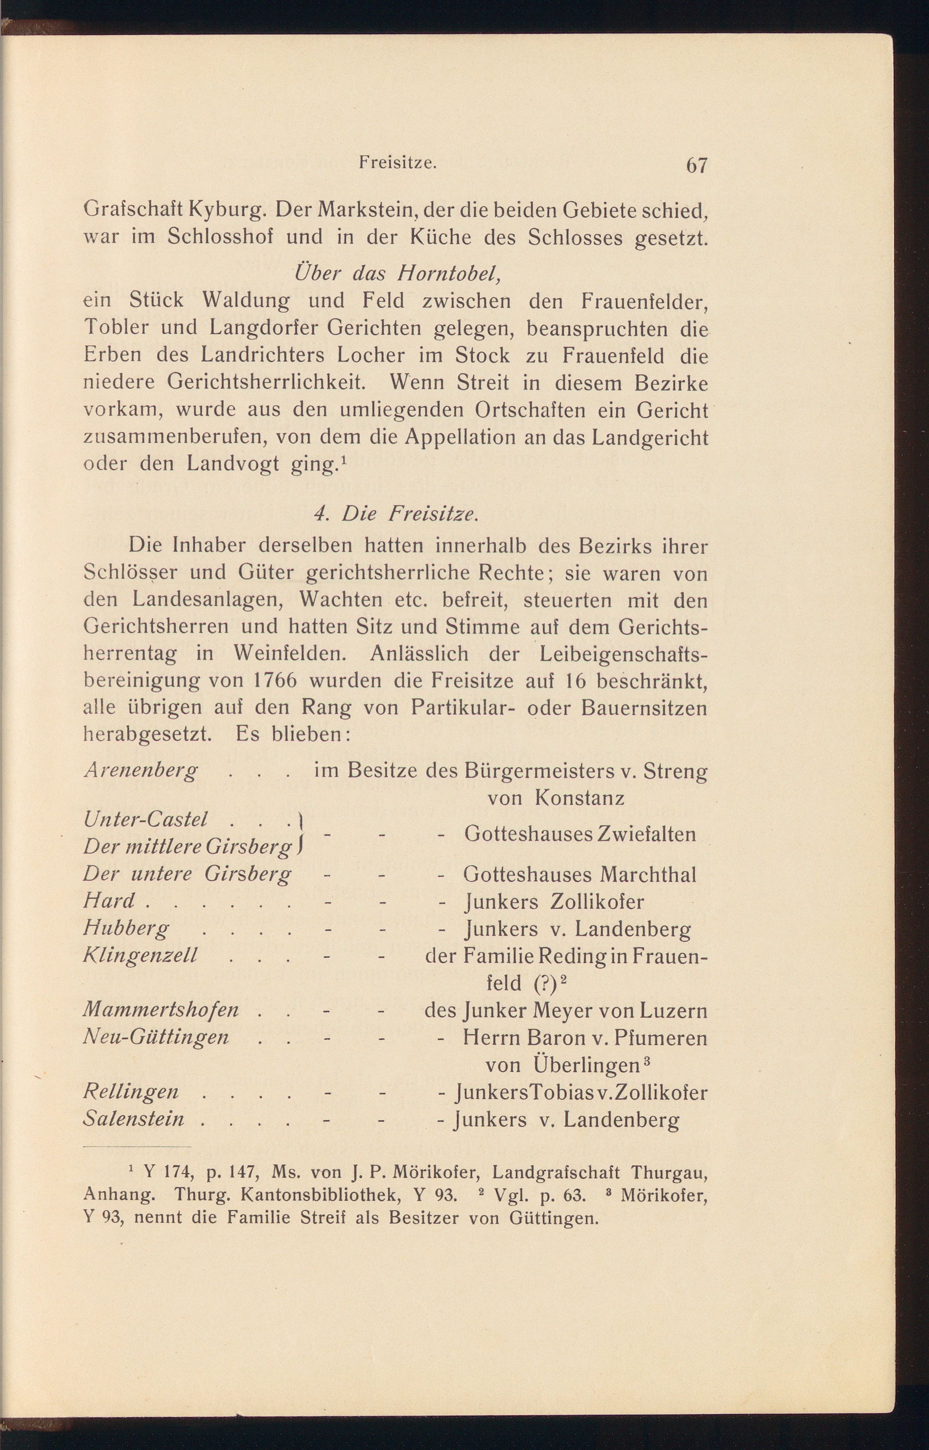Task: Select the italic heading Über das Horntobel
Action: [x=397, y=273]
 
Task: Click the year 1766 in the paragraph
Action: [x=273, y=680]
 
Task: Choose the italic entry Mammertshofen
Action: [x=161, y=1009]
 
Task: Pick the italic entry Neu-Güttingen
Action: [x=156, y=1037]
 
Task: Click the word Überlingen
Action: [x=586, y=1065]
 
